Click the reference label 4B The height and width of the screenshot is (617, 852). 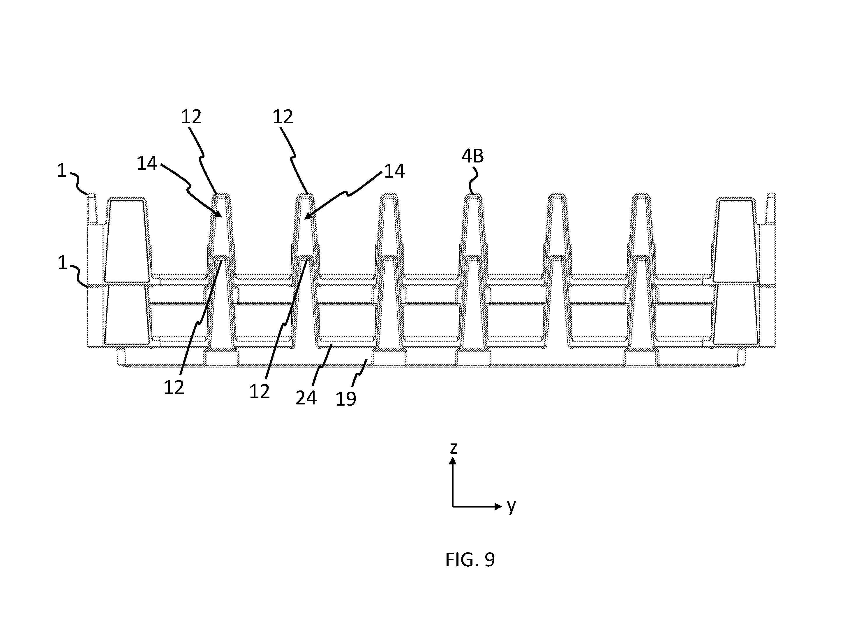pyautogui.click(x=472, y=156)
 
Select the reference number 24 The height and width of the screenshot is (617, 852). pyautogui.click(x=306, y=398)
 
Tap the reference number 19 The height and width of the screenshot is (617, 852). pyautogui.click(x=346, y=399)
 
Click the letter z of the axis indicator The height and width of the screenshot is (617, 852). pyautogui.click(x=454, y=448)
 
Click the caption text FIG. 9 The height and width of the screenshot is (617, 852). pyautogui.click(x=470, y=560)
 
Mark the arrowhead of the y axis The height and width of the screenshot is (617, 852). pyautogui.click(x=498, y=507)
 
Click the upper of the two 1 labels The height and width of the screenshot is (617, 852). pyautogui.click(x=62, y=171)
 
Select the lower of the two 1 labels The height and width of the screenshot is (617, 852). pyautogui.click(x=62, y=263)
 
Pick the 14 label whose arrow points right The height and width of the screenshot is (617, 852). pyautogui.click(x=147, y=163)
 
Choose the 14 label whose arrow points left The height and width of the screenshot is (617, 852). pyautogui.click(x=394, y=171)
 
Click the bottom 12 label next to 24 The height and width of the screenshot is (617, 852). pyautogui.click(x=260, y=392)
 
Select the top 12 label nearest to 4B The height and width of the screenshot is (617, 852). pyautogui.click(x=283, y=117)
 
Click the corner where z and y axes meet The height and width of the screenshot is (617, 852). pyautogui.click(x=453, y=507)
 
